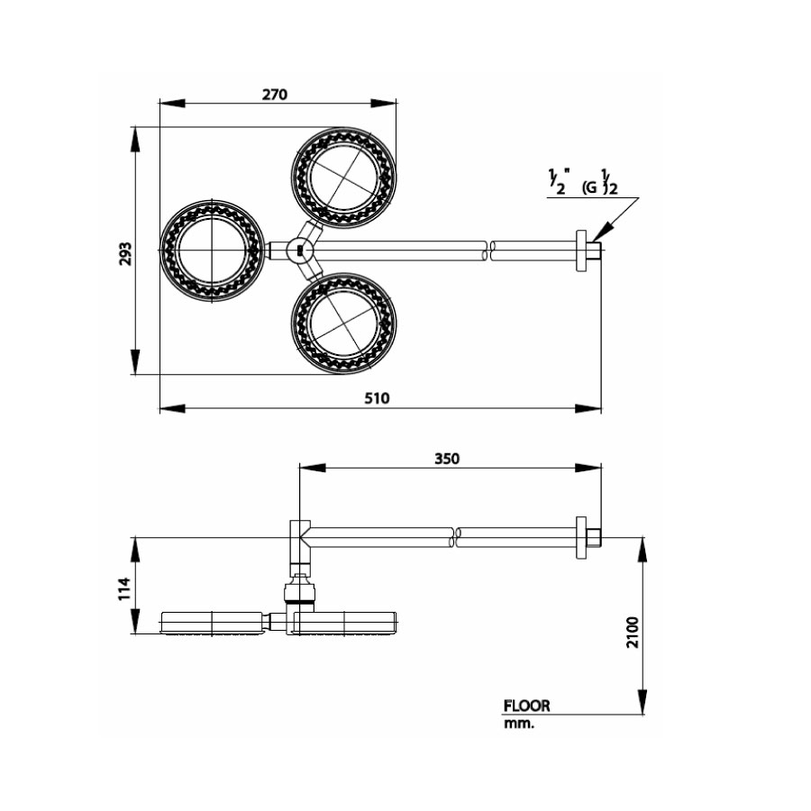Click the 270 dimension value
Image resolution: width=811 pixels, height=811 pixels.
click(275, 94)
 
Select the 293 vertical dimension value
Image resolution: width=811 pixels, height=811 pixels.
click(125, 252)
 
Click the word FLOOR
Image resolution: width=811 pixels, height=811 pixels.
click(527, 706)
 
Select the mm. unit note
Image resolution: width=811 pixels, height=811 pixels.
click(519, 724)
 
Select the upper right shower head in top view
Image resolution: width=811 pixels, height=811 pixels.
click(343, 176)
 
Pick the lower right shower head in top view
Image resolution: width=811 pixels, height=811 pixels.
click(343, 323)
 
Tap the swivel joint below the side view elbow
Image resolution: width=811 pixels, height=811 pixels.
click(299, 590)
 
